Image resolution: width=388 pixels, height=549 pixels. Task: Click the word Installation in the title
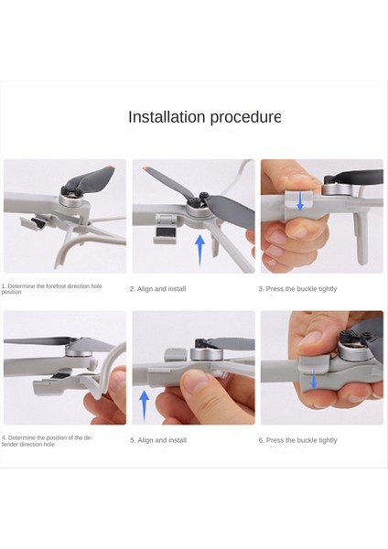pyautogui.click(x=160, y=117)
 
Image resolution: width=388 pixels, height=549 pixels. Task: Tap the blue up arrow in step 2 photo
pyautogui.click(x=199, y=249)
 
